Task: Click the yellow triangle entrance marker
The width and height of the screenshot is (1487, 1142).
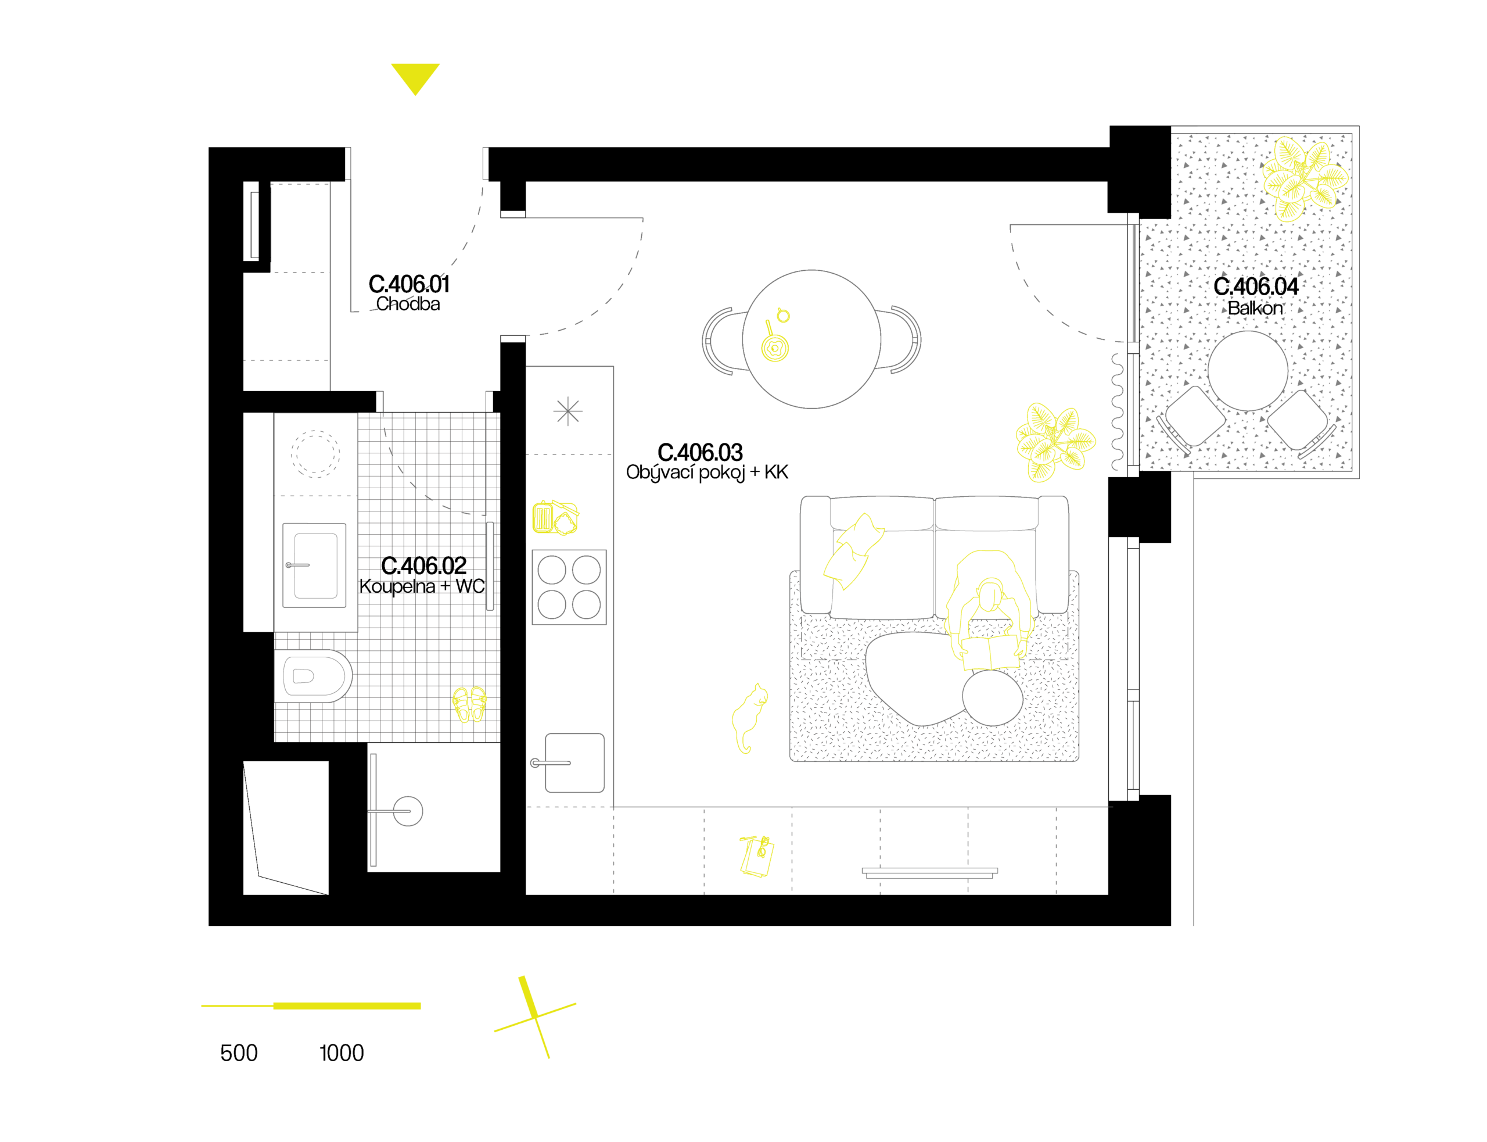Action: coord(415,77)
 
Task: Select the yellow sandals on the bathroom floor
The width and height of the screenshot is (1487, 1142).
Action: coord(469,704)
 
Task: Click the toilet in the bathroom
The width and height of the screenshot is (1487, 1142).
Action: coord(313,676)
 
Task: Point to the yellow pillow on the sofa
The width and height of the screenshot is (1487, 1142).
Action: coord(853,552)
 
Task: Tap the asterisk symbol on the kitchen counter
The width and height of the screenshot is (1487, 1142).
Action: coord(567,412)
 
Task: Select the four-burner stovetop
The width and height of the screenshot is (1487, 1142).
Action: coord(569,588)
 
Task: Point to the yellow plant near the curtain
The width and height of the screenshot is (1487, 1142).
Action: coord(1054,442)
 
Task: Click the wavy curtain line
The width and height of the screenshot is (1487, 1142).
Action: coord(1116,412)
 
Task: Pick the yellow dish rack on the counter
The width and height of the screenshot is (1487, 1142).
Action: coord(555,518)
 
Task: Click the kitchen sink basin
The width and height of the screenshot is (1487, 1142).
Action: coord(574,762)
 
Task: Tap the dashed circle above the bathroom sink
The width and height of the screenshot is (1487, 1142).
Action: coord(315,453)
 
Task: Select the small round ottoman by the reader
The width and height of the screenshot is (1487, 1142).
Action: coord(993,698)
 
